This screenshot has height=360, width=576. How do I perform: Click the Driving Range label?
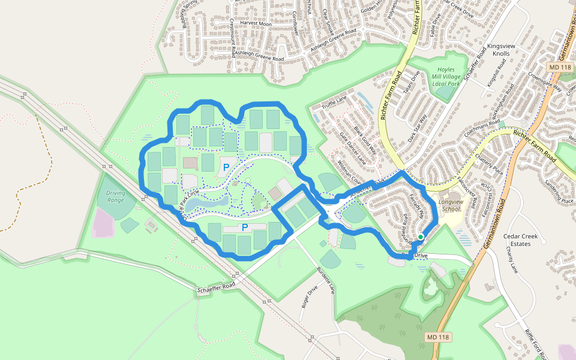[115, 196]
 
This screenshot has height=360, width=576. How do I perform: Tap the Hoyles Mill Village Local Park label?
[446, 77]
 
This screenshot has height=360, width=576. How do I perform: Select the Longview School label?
[451, 206]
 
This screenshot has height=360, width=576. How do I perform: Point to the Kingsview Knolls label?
[498, 50]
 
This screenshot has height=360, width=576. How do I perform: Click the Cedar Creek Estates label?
[520, 240]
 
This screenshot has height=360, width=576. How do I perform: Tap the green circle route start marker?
[421, 237]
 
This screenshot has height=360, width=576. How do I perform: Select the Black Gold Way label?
[365, 139]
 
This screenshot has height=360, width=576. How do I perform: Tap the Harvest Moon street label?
[256, 23]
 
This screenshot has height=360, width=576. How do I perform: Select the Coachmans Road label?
[482, 128]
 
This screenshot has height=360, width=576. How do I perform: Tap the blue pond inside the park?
[205, 205]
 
